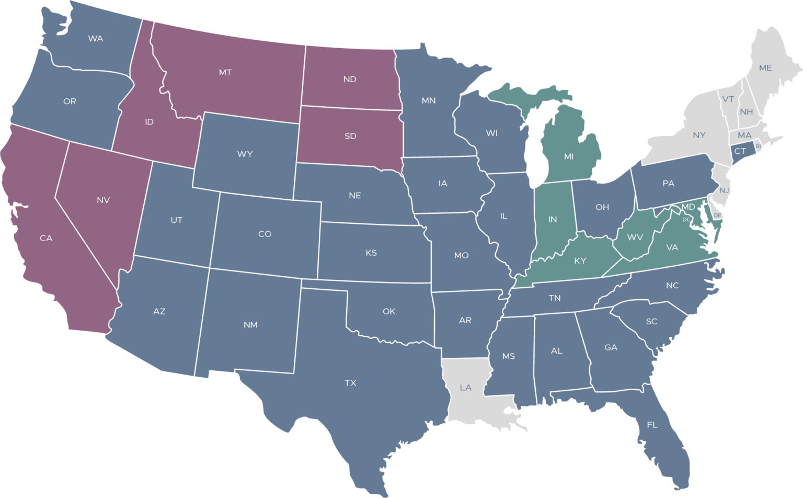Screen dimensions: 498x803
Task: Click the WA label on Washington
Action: click(95, 39)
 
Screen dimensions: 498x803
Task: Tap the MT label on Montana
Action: click(225, 73)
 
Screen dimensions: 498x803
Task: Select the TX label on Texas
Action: click(350, 383)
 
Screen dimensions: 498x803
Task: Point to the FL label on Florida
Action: click(652, 425)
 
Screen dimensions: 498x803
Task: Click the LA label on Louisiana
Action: click(465, 388)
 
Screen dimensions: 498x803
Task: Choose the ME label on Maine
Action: click(765, 68)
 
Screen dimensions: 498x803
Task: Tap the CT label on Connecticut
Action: click(740, 151)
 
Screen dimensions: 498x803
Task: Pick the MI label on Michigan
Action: click(569, 156)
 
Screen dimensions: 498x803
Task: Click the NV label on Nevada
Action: click(103, 200)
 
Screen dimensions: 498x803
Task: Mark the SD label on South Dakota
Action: click(350, 136)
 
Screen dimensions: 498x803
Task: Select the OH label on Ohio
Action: click(602, 207)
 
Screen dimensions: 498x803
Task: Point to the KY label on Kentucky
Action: click(580, 261)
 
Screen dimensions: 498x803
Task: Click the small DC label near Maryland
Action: click(686, 220)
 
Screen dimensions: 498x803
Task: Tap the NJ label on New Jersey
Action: click(724, 190)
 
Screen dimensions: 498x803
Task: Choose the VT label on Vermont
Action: click(728, 99)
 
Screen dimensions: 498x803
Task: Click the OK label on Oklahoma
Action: click(388, 311)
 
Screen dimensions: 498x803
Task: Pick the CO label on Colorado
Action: click(265, 234)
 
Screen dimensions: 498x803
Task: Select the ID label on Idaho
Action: click(149, 122)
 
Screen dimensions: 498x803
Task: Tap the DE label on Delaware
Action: click(717, 216)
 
